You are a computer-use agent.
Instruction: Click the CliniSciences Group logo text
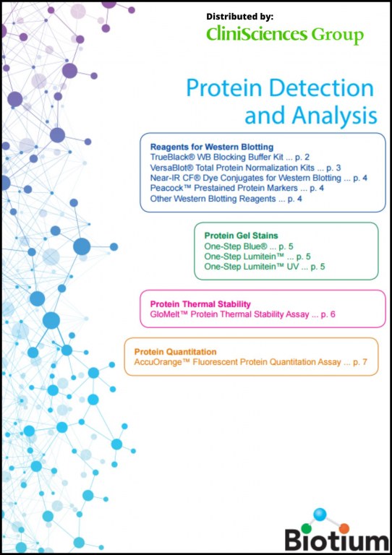[x=285, y=35]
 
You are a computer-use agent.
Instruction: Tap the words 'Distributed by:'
[x=239, y=17]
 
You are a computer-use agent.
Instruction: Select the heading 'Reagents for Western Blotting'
[x=212, y=147]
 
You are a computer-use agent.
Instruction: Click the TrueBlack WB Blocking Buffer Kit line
[x=230, y=157]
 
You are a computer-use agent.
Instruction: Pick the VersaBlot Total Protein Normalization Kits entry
[x=245, y=168]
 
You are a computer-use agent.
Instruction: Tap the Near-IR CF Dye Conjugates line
[x=258, y=178]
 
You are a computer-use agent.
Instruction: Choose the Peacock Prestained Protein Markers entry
[x=237, y=188]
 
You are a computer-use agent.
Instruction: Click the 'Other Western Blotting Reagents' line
[x=226, y=199]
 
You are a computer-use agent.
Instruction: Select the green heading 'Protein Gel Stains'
[x=241, y=236]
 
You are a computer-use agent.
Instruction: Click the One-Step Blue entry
[x=249, y=246]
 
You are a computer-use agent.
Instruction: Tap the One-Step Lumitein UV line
[x=265, y=267]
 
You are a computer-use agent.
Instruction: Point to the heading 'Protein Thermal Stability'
[x=200, y=304]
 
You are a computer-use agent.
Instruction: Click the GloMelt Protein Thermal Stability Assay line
[x=242, y=314]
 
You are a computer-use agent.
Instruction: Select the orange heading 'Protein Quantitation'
[x=175, y=352]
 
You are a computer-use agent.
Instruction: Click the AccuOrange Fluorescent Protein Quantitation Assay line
[x=250, y=362]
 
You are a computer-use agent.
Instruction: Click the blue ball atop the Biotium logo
[x=320, y=515]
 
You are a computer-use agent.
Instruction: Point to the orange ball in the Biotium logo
[x=344, y=529]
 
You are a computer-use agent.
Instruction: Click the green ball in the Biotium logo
[x=307, y=528]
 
